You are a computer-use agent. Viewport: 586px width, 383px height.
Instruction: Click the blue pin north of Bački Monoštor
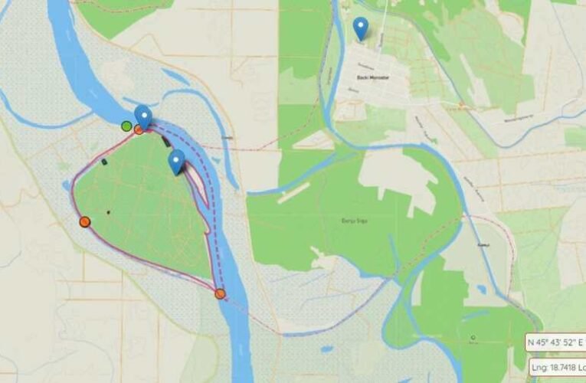361,28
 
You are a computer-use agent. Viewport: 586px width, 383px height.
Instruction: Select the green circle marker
126,126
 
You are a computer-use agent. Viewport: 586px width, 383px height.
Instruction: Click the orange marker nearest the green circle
139,129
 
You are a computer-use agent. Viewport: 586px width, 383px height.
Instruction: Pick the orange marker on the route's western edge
84,222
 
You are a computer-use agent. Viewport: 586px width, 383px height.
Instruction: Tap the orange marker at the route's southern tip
220,293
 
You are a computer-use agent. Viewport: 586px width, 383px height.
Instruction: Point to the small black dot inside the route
108,212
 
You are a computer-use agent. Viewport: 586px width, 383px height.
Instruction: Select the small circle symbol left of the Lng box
473,337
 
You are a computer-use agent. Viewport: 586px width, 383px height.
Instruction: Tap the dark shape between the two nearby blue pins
166,142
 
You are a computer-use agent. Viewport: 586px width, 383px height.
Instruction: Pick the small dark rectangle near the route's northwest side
104,162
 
